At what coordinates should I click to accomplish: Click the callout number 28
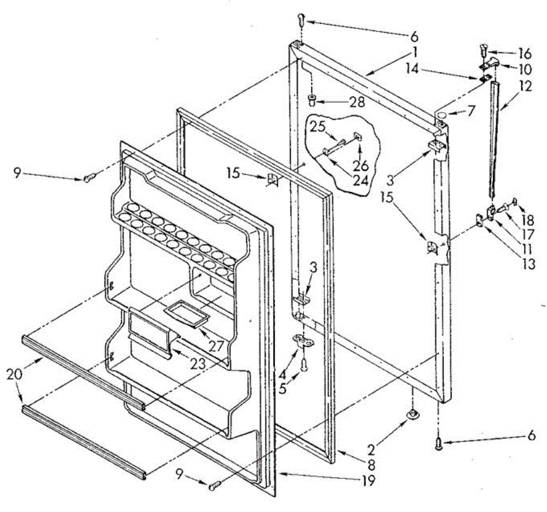(x=358, y=102)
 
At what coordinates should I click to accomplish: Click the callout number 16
(x=524, y=54)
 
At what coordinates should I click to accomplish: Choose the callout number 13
(x=529, y=264)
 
